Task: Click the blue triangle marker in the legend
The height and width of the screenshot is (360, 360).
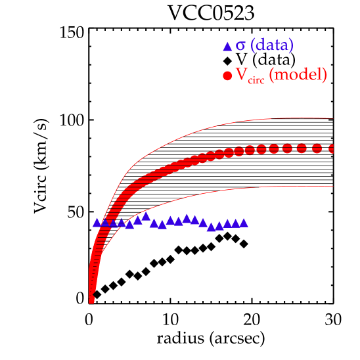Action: coord(227,47)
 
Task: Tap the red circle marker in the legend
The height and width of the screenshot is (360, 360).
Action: coord(227,76)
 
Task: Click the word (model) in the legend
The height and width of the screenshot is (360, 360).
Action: coord(300,75)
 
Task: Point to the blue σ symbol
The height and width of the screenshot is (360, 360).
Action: coord(240,46)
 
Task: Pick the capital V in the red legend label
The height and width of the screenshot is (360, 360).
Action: coord(241,75)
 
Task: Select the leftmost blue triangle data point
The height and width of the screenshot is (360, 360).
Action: coord(97,222)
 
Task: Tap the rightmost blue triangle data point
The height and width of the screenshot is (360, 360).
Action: coord(244,223)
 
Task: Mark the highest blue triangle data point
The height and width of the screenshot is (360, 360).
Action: coord(146,216)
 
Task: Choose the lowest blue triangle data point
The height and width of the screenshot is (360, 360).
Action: coord(211,227)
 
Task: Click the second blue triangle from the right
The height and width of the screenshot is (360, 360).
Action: coord(235,223)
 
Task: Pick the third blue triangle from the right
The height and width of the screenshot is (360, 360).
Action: coord(227,224)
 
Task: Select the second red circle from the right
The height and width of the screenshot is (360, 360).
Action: coord(317,148)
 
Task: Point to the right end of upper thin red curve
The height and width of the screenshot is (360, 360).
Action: coord(334,118)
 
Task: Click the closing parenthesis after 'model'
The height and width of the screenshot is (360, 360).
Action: coord(324,75)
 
